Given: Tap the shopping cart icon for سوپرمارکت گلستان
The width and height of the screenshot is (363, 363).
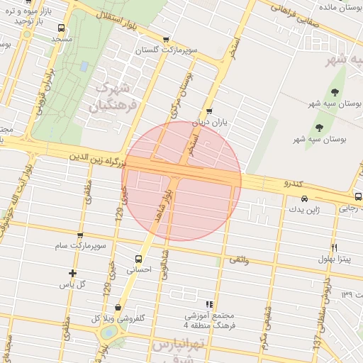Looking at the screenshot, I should [x=166, y=40].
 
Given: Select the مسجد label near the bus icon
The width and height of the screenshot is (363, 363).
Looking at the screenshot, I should [x=62, y=39].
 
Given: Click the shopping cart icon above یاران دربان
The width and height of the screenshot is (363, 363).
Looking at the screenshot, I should [x=208, y=111].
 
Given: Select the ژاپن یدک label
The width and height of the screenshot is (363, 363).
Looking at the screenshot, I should [x=308, y=210].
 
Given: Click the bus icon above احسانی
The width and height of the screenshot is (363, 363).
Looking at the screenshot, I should [x=138, y=259].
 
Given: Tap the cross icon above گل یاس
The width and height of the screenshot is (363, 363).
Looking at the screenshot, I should [x=72, y=273].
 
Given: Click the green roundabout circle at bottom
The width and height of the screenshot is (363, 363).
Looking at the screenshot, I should [x=108, y=332].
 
